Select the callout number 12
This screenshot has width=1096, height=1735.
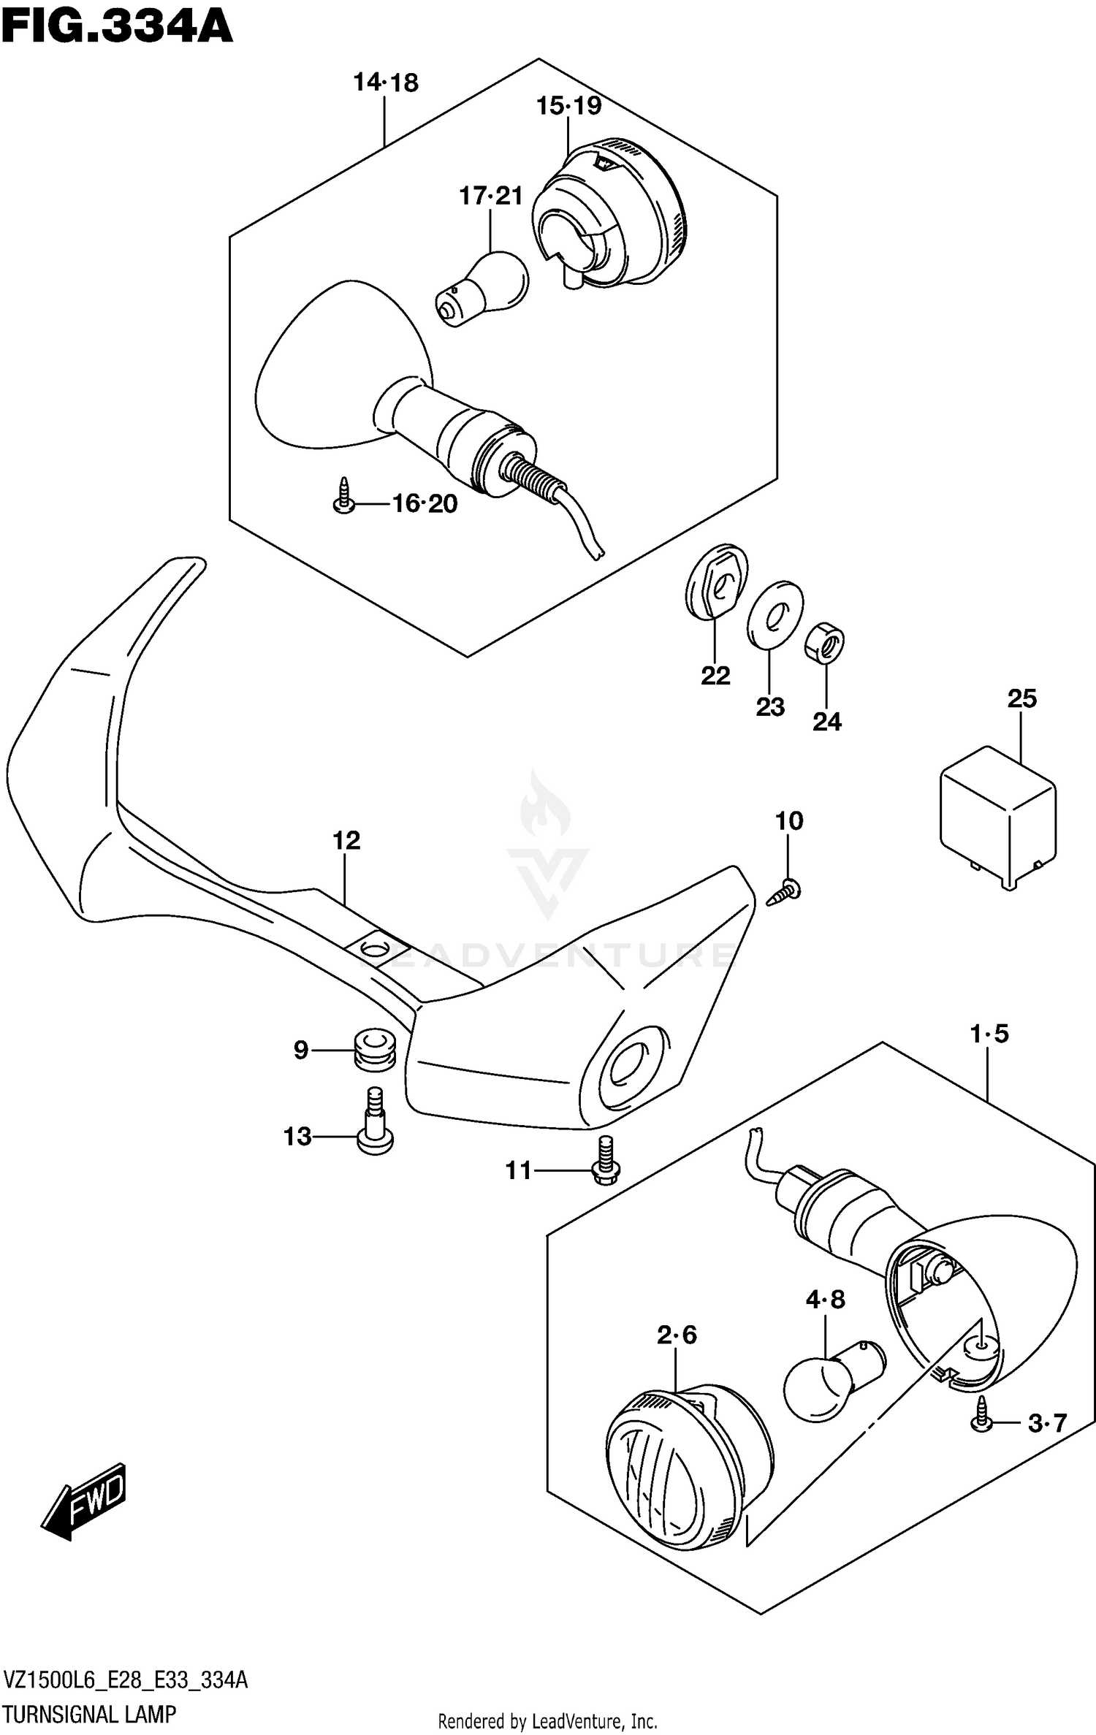[346, 841]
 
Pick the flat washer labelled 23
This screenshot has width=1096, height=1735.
[775, 614]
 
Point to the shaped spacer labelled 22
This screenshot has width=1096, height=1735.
[717, 581]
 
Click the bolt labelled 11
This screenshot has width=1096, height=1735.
[605, 1161]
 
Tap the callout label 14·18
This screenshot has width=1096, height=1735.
[386, 83]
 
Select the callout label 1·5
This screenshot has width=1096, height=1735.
[989, 1034]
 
